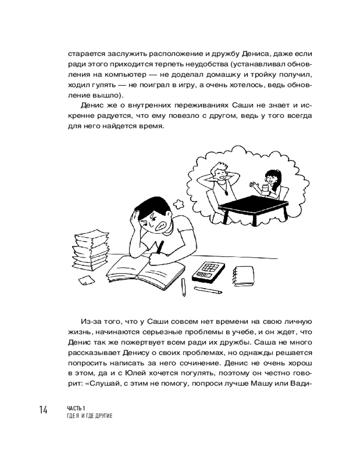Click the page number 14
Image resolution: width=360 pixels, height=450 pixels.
[43, 410]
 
